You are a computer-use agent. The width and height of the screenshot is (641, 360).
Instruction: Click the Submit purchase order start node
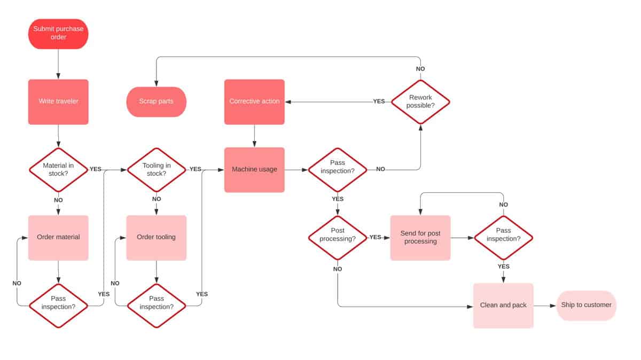pyautogui.click(x=58, y=34)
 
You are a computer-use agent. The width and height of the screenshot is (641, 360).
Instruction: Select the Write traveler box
pyautogui.click(x=58, y=101)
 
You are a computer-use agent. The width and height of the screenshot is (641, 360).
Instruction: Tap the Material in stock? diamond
pyautogui.click(x=58, y=170)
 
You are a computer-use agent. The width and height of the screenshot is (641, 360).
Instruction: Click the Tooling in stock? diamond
pyautogui.click(x=157, y=170)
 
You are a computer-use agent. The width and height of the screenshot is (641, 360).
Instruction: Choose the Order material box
pyautogui.click(x=58, y=238)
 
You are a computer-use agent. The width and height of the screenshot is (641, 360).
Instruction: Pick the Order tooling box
pyautogui.click(x=157, y=238)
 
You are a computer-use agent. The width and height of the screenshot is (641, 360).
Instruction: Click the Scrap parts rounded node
pyautogui.click(x=157, y=101)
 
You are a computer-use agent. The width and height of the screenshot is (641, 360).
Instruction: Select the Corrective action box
pyautogui.click(x=254, y=101)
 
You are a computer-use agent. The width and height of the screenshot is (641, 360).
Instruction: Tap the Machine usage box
pyautogui.click(x=254, y=170)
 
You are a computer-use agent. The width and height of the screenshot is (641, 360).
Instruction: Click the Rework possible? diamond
pyautogui.click(x=420, y=101)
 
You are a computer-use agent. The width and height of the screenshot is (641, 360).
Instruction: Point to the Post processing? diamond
pyautogui.click(x=338, y=238)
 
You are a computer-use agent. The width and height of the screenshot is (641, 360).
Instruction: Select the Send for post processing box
pyautogui.click(x=420, y=238)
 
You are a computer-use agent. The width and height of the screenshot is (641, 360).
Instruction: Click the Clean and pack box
pyautogui.click(x=503, y=306)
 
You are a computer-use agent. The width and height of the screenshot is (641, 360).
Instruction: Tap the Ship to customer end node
pyautogui.click(x=587, y=306)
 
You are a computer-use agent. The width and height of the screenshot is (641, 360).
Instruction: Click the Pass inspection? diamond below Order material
pyautogui.click(x=58, y=306)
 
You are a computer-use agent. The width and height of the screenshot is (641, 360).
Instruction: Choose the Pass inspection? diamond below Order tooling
pyautogui.click(x=157, y=306)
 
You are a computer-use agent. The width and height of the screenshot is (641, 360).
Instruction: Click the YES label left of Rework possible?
pyautogui.click(x=379, y=101)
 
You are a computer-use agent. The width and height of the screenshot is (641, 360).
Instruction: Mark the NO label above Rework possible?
pyautogui.click(x=420, y=69)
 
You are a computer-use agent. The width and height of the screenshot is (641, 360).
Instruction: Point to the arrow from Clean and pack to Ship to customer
pyautogui.click(x=545, y=306)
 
